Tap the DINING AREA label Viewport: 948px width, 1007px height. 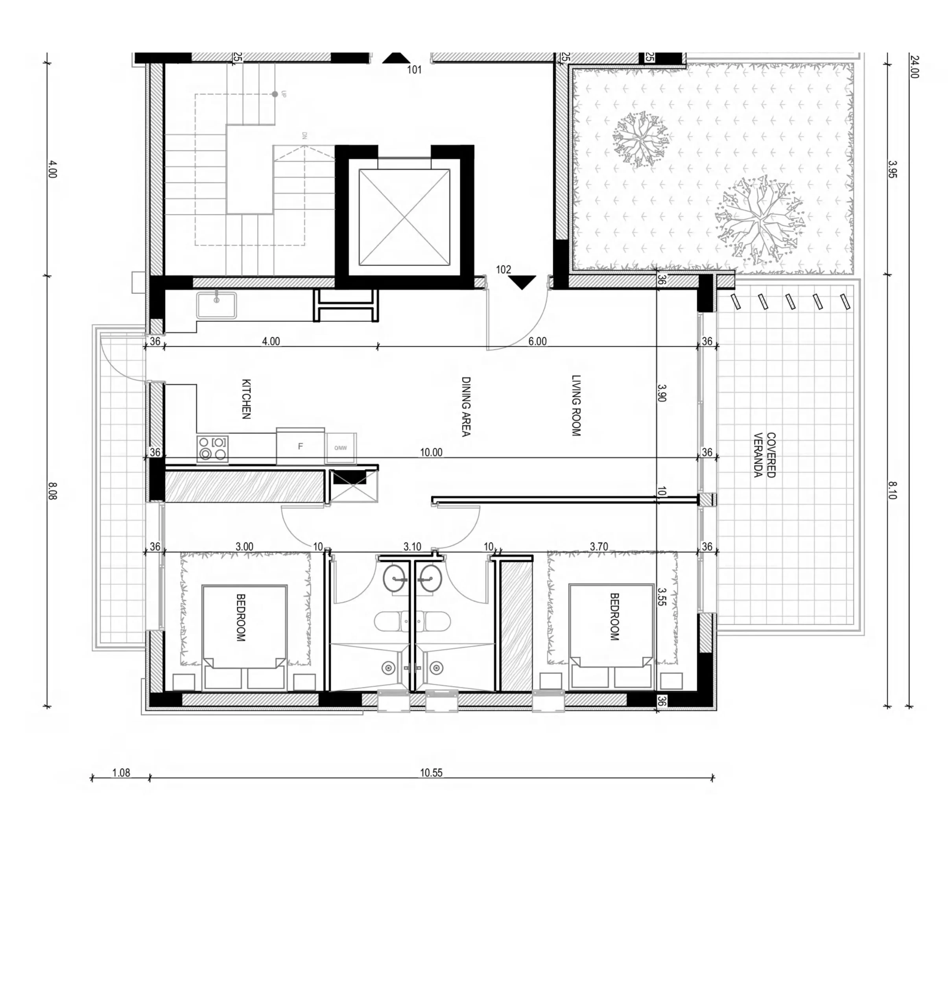pyautogui.click(x=466, y=406)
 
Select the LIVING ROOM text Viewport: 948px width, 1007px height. pyautogui.click(x=576, y=405)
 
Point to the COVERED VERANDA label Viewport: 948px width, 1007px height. pyautogui.click(x=765, y=455)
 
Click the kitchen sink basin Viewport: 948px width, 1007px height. pyautogui.click(x=217, y=305)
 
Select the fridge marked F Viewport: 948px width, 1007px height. pyautogui.click(x=300, y=446)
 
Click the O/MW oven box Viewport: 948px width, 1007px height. pyautogui.click(x=340, y=448)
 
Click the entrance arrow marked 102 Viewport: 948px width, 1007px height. pyautogui.click(x=522, y=282)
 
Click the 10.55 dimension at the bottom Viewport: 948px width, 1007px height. pyautogui.click(x=431, y=773)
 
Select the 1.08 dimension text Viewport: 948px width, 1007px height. pyautogui.click(x=121, y=773)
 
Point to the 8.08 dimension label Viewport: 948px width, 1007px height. pyautogui.click(x=52, y=491)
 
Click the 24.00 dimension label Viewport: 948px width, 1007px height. pyautogui.click(x=913, y=66)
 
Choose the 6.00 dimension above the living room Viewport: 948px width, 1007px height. pyautogui.click(x=537, y=341)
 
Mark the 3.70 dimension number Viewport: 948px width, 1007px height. pyautogui.click(x=599, y=546)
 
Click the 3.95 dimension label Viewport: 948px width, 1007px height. pyautogui.click(x=892, y=169)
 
